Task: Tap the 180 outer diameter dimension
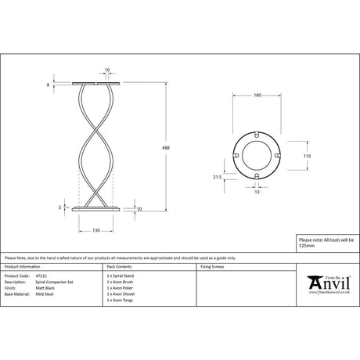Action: click(x=256, y=96)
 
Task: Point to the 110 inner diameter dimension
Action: click(x=306, y=157)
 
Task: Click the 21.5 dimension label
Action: click(x=218, y=178)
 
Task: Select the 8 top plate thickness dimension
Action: click(x=49, y=84)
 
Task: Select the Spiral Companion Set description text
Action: click(x=50, y=282)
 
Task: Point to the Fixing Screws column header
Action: click(x=214, y=267)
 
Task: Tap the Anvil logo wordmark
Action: click(x=329, y=282)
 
